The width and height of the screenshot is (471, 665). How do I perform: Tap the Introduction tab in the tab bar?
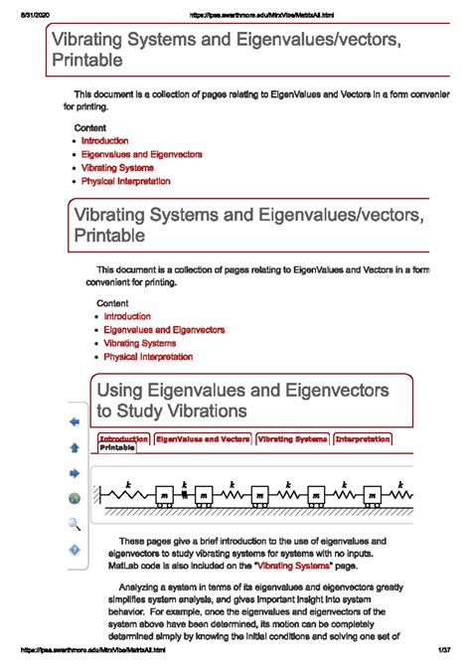point(123,437)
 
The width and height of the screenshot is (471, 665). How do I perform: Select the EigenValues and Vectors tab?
point(202,437)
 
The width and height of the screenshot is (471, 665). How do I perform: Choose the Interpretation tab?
point(362,437)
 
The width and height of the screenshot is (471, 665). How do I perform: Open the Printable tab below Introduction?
point(117,448)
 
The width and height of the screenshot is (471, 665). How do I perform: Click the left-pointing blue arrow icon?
point(74,421)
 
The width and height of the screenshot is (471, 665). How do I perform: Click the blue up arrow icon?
point(74,447)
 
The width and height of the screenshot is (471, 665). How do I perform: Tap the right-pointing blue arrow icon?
point(74,473)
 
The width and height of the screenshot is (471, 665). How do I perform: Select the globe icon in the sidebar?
point(74,499)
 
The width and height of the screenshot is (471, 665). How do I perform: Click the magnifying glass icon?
point(74,524)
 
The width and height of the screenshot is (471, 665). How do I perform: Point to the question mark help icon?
point(74,550)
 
